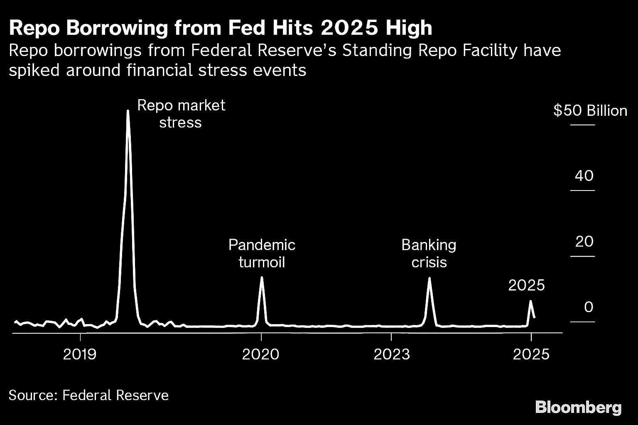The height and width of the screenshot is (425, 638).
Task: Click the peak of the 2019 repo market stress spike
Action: point(128,111)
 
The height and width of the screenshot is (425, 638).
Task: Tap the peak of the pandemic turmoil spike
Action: point(261,277)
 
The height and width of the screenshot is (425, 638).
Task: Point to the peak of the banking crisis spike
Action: point(429,278)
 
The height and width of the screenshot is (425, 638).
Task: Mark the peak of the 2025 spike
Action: point(530,301)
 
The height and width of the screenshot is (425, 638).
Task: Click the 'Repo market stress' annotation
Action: point(181,114)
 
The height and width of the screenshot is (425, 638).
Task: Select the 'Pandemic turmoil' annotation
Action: point(262,254)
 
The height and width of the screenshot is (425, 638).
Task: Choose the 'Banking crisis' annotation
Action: point(429,254)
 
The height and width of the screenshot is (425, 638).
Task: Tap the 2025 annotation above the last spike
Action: point(526,285)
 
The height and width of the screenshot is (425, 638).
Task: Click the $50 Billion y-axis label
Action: point(590,111)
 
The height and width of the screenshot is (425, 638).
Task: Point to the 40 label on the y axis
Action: point(584,176)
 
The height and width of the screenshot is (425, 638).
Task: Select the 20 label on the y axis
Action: point(584,242)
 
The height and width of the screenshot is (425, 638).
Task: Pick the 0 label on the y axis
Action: point(589,307)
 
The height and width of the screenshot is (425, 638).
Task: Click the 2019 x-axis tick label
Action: point(81,354)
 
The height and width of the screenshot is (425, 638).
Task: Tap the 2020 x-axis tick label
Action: point(261,354)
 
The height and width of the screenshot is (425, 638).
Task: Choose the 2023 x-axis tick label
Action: point(391,354)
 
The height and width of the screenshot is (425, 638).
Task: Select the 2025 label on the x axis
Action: point(531,354)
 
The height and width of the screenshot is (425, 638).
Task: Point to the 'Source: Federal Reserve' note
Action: point(88,395)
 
